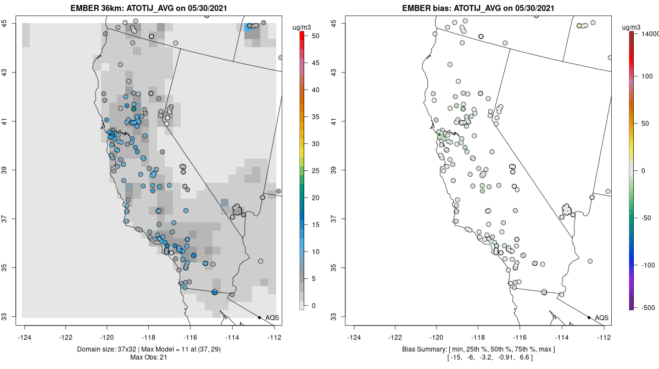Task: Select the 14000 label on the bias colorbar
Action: [x=647, y=34]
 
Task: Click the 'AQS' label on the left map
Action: [x=272, y=318]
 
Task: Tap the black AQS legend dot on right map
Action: [x=589, y=317]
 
